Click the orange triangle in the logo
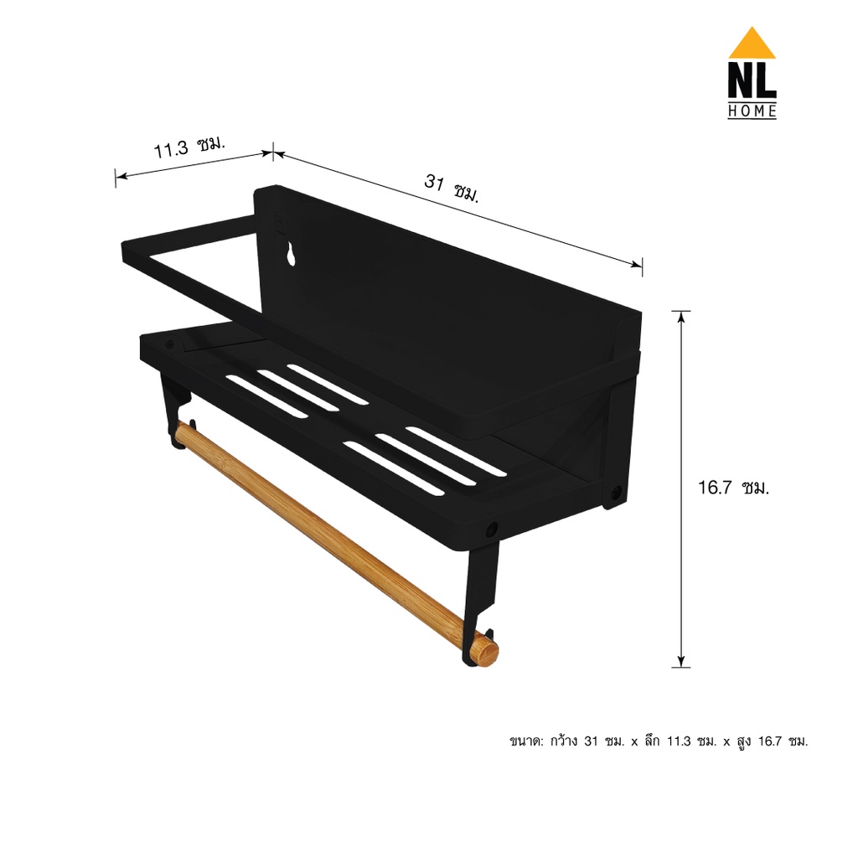click(752, 45)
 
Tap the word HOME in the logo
click(752, 111)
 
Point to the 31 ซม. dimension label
click(452, 188)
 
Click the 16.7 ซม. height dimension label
click(733, 487)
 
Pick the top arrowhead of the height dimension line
click(680, 318)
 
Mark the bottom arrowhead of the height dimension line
click(680, 661)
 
